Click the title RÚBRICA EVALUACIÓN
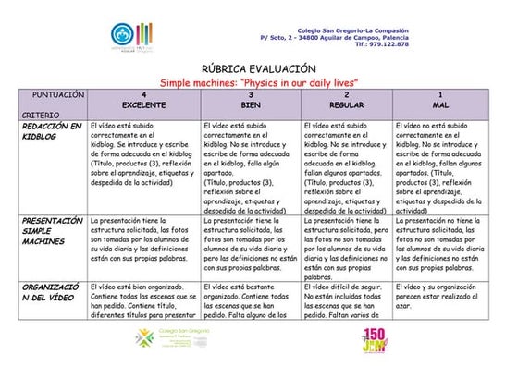coord(258,69)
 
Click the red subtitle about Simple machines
coord(258,82)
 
